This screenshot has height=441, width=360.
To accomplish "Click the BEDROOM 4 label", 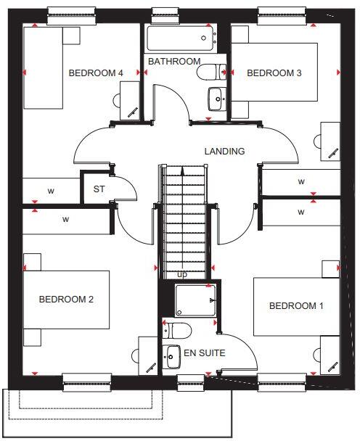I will [x=96, y=73].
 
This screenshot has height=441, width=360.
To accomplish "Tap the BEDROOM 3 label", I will [x=274, y=73].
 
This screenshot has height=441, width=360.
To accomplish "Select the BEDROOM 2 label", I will [x=66, y=299].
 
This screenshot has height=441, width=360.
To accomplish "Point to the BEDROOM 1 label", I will [x=296, y=306].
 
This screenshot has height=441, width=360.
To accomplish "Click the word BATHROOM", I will [x=174, y=62].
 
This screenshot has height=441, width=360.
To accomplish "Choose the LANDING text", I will [x=224, y=152].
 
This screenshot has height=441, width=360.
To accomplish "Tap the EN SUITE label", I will [x=204, y=354].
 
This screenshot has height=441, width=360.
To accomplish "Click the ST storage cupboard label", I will [x=99, y=190].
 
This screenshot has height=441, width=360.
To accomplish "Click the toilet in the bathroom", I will [x=212, y=71].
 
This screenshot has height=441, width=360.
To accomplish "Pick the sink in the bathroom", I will [x=216, y=97].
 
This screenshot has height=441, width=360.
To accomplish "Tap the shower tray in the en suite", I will [x=196, y=300].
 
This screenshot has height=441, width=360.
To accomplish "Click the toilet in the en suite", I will [x=178, y=331].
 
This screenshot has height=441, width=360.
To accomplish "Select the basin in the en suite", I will [x=172, y=356].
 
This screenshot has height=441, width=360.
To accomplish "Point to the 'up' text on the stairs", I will [x=181, y=275].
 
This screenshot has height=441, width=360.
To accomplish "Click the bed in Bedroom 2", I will [x=66, y=299].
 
